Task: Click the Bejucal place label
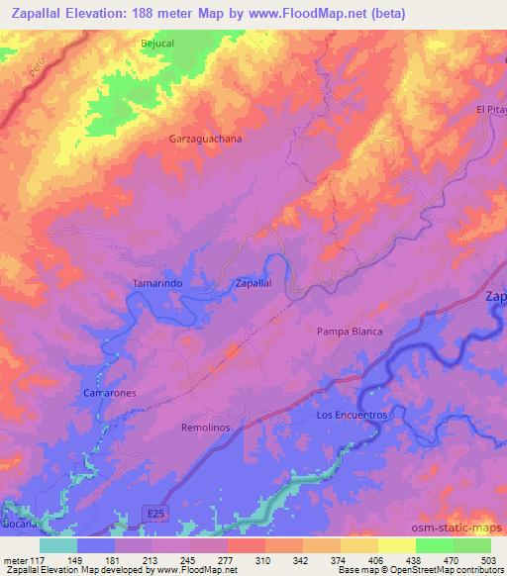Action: (x=157, y=43)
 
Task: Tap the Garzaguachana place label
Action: (x=205, y=139)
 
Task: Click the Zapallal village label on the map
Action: (x=253, y=283)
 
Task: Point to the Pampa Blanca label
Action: (x=349, y=332)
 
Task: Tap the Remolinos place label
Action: (x=206, y=427)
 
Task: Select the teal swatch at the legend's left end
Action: (x=58, y=545)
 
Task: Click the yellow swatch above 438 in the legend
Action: (x=396, y=545)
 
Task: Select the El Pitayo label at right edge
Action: (x=491, y=109)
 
